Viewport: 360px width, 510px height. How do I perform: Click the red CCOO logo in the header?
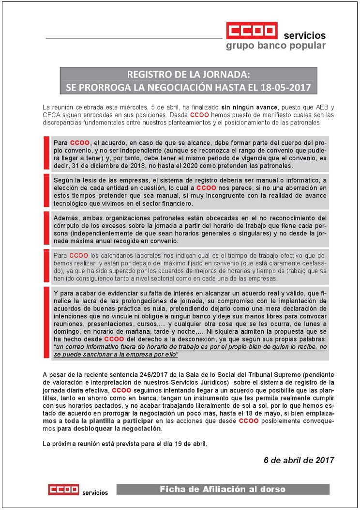pos(252,31)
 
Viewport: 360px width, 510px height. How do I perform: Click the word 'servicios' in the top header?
pos(304,36)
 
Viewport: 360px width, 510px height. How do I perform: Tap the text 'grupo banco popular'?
pos(276,46)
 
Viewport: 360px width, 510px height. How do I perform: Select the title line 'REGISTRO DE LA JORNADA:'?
pos(189,75)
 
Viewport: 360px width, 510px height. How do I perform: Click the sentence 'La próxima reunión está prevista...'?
pos(125,444)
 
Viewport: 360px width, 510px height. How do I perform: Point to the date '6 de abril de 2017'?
pos(299,460)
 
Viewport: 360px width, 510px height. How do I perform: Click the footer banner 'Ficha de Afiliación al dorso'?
pos(223,490)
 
